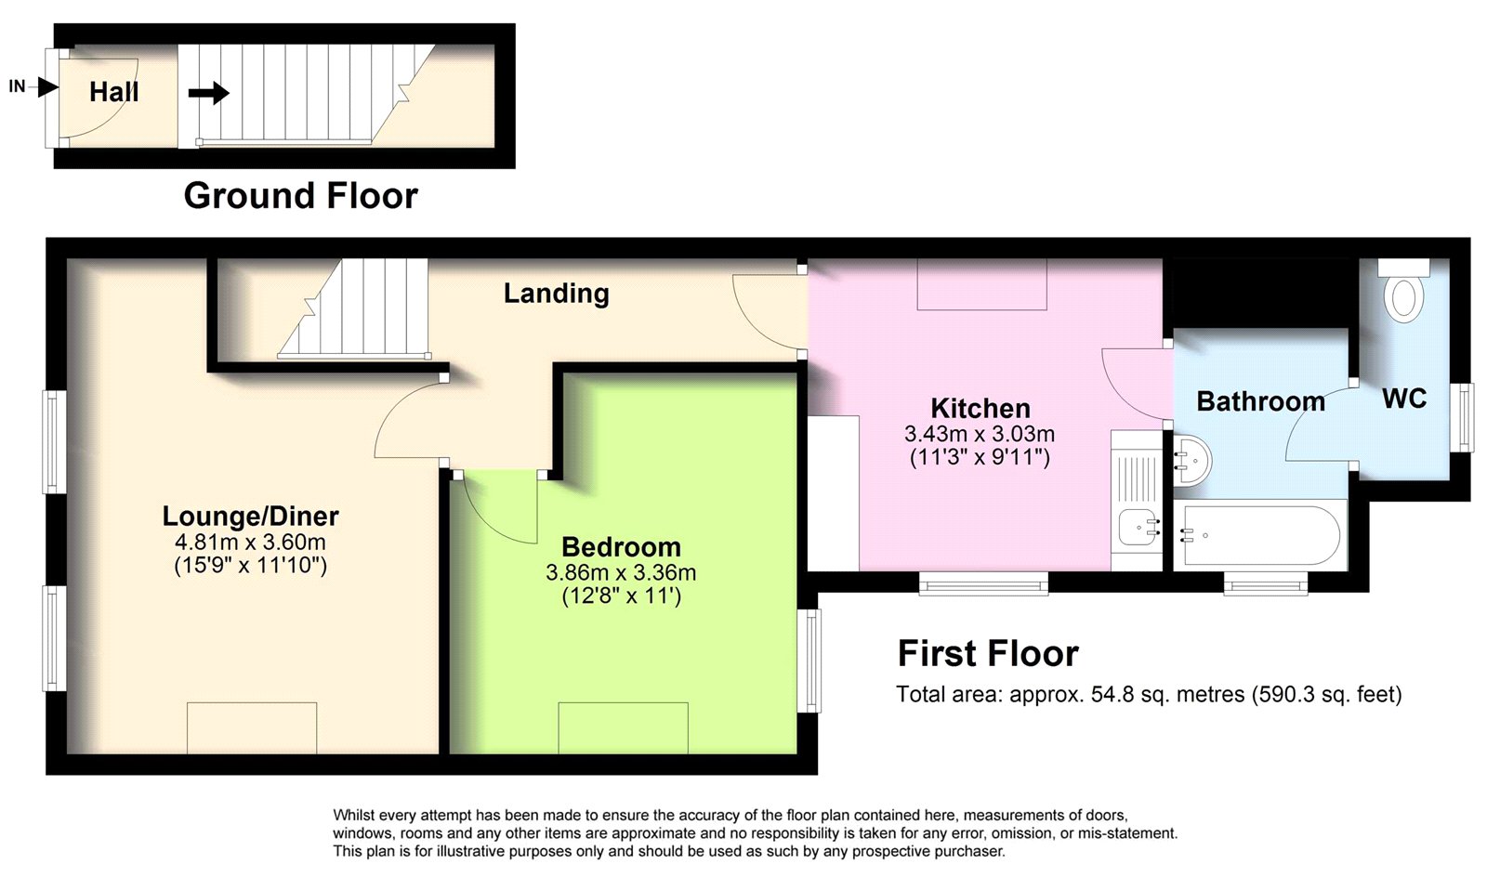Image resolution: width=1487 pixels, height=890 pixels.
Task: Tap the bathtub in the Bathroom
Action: [1260, 536]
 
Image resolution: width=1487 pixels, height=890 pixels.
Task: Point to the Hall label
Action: [114, 92]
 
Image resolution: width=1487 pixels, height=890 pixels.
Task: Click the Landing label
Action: [557, 294]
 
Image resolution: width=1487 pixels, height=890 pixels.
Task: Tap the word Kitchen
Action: [980, 408]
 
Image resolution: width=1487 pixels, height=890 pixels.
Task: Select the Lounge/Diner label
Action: [251, 516]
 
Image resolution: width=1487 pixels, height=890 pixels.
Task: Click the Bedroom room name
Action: [622, 547]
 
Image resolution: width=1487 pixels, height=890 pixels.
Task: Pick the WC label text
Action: [1404, 399]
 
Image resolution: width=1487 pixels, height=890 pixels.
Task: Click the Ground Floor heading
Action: [301, 196]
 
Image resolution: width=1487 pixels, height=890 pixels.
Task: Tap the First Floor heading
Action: [988, 654]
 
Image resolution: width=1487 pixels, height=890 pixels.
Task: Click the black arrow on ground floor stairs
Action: [208, 93]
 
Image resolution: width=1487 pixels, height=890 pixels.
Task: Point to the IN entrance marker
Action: [33, 86]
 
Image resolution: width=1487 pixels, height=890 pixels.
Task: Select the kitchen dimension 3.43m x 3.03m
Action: [980, 434]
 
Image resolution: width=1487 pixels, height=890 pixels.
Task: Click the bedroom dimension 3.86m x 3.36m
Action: [622, 572]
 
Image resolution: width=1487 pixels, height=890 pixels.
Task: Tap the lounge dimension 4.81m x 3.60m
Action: [250, 543]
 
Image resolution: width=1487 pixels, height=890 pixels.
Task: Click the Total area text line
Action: [1149, 694]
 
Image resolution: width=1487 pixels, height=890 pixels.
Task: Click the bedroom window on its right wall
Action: [809, 661]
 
